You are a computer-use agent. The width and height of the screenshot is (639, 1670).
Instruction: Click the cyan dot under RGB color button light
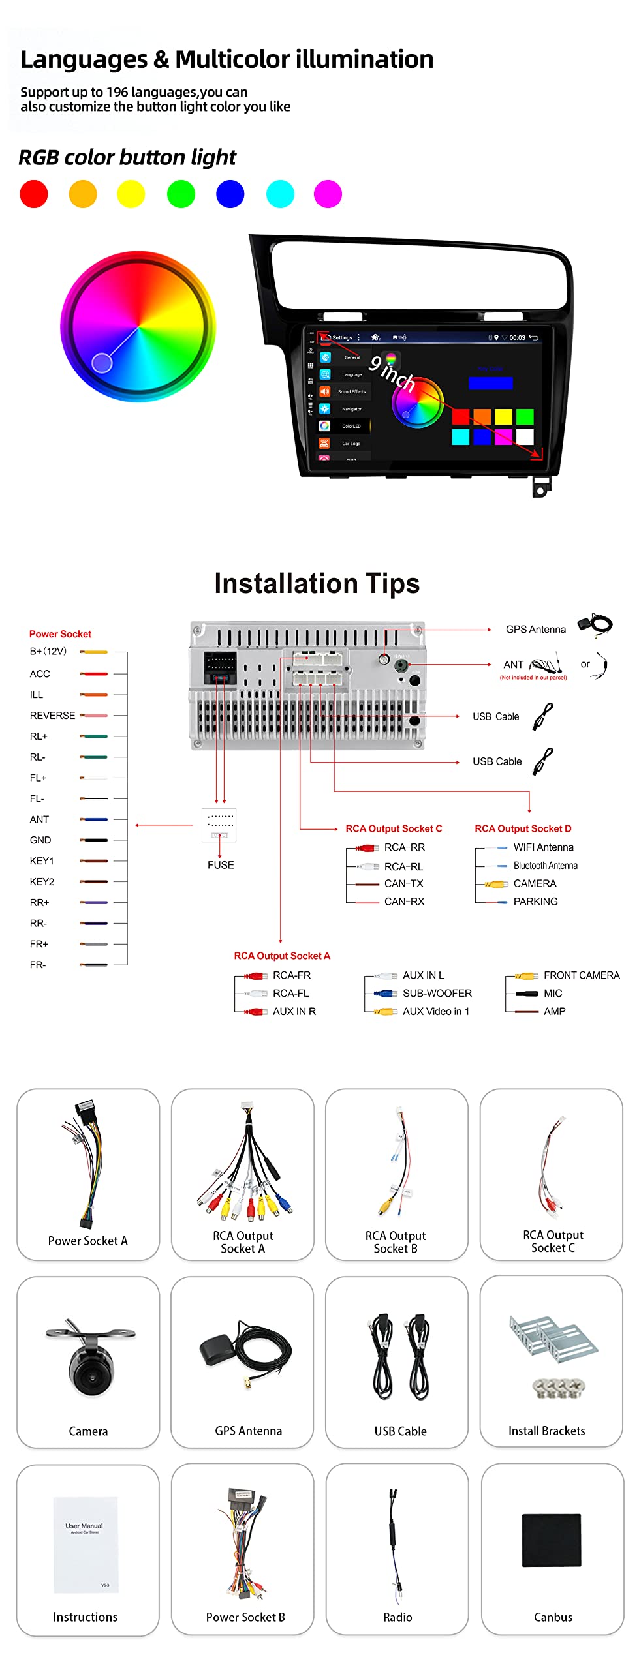[x=280, y=194]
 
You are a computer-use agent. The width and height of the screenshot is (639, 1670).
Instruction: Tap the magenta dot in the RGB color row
[x=328, y=194]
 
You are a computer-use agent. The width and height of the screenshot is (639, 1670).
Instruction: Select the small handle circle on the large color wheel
[x=102, y=362]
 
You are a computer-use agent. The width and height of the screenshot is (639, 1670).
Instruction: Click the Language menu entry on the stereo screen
[x=351, y=375]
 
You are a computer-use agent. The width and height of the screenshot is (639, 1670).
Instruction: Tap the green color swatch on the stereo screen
[x=525, y=416]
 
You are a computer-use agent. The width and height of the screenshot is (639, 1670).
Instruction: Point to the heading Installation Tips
[x=317, y=583]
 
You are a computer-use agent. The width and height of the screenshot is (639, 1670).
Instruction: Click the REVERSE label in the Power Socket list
[x=52, y=716]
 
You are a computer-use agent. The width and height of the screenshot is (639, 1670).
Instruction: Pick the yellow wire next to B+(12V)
[x=94, y=652]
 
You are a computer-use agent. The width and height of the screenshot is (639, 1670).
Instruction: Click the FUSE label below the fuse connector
[x=221, y=865]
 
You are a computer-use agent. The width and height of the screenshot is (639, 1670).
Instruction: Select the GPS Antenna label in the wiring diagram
[x=535, y=630]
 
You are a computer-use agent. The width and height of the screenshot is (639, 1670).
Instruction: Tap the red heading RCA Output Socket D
[x=523, y=828]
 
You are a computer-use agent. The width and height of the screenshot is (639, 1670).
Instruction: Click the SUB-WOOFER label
[x=437, y=994]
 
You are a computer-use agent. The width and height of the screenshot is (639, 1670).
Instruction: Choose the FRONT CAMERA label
[x=582, y=975]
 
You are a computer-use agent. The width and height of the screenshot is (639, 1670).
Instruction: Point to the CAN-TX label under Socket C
[x=403, y=884]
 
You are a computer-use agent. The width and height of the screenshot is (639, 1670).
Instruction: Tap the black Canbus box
[x=552, y=1540]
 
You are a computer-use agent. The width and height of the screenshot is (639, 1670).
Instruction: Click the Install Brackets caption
[x=546, y=1431]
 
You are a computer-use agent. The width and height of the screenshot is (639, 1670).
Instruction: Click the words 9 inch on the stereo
[x=392, y=373]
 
